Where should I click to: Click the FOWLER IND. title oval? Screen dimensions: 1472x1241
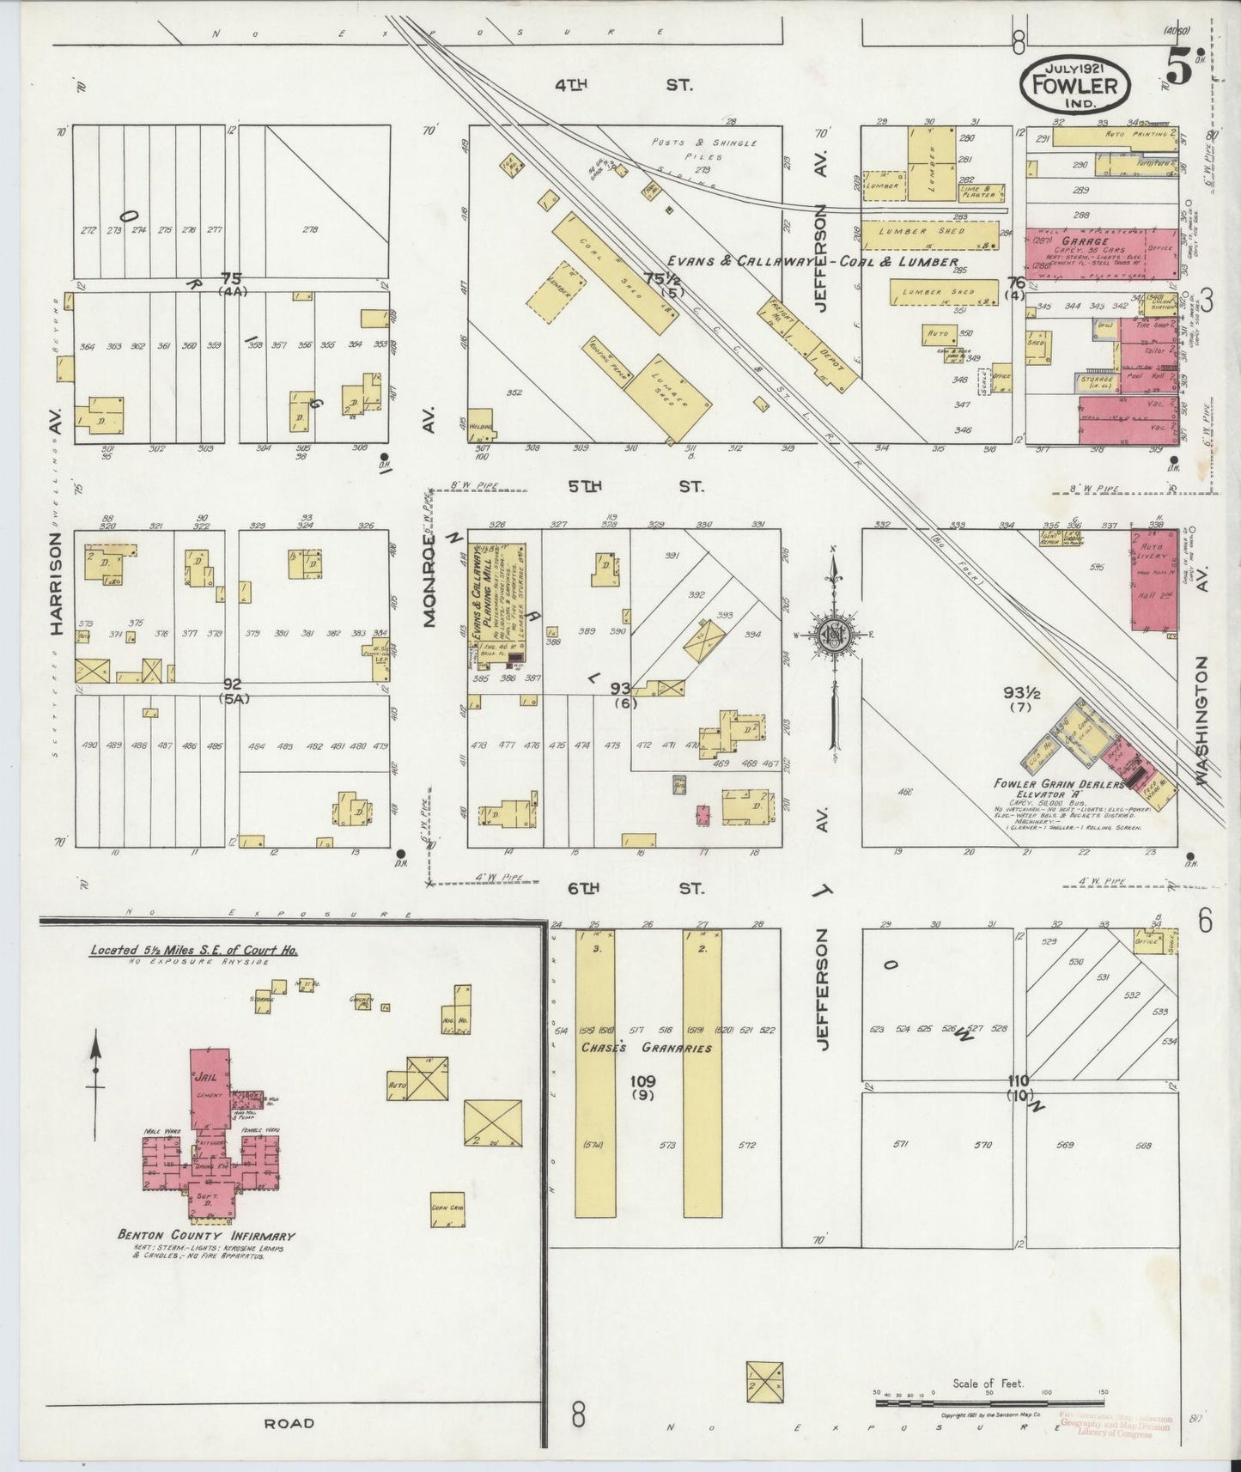pos(1075,83)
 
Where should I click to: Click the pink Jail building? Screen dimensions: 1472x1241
pos(209,1087)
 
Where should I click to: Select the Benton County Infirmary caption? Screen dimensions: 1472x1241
pos(206,1236)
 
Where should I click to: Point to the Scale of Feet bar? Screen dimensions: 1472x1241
pos(988,1403)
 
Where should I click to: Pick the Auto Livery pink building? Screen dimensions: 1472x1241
pos(1153,581)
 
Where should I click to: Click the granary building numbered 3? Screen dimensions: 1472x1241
pos(595,1074)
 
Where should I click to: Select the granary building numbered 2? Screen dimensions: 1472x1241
pos(703,1074)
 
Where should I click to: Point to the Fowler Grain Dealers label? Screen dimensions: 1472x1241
pos(1058,783)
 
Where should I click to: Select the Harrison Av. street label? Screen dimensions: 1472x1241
pos(57,584)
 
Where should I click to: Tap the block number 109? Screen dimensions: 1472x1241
pos(642,1080)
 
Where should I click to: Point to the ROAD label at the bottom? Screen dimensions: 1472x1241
pos(289,1423)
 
